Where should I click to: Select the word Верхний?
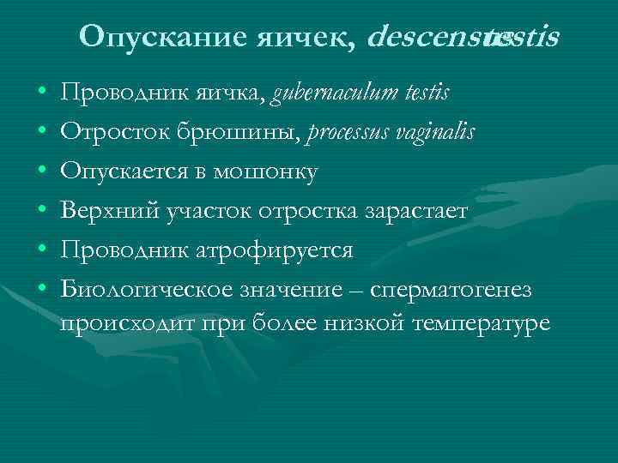coord(100,211)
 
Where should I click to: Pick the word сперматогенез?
coord(451,290)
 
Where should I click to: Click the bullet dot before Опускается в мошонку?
coord(42,172)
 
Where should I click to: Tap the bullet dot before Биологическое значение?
coord(42,291)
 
